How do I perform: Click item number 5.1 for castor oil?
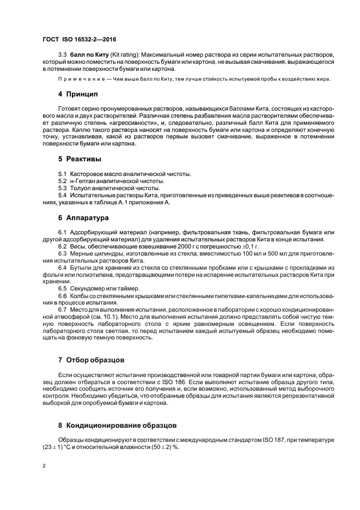point(63,174)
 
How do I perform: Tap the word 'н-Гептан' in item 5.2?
point(82,180)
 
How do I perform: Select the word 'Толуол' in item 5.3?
point(81,187)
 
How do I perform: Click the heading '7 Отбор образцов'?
point(92,361)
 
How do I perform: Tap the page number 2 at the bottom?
point(44,467)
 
